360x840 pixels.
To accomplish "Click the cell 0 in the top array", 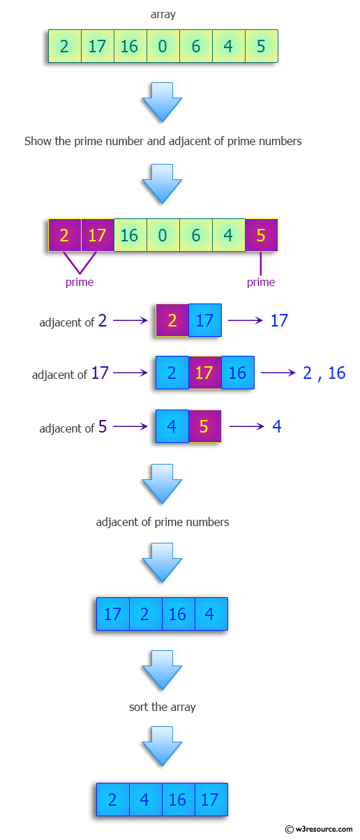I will point(163,47).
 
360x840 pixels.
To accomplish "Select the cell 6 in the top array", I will point(196,47).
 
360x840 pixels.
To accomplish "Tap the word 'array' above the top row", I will point(163,14).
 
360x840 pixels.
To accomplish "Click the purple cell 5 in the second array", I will point(261,235).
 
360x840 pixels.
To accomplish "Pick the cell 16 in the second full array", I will point(129,235).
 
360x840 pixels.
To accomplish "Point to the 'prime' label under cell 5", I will point(261,282).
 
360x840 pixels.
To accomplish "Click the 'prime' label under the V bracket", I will point(80,282).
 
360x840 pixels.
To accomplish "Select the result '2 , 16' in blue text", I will point(324,373).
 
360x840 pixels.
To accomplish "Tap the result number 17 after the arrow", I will point(279,320).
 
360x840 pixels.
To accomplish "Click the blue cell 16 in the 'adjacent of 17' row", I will point(238,373).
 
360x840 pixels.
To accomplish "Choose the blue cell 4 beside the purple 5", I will point(172,426).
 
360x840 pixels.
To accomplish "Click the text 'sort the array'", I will point(163,707).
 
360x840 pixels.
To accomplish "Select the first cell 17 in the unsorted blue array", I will point(112,614).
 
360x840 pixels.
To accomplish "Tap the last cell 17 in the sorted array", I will point(210,800).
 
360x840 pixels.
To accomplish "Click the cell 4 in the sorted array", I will point(145,800).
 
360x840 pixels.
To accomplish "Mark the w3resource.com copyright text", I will point(320,829).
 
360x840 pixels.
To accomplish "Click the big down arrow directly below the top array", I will point(162,102).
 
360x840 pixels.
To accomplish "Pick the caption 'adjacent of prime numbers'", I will point(163,522).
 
